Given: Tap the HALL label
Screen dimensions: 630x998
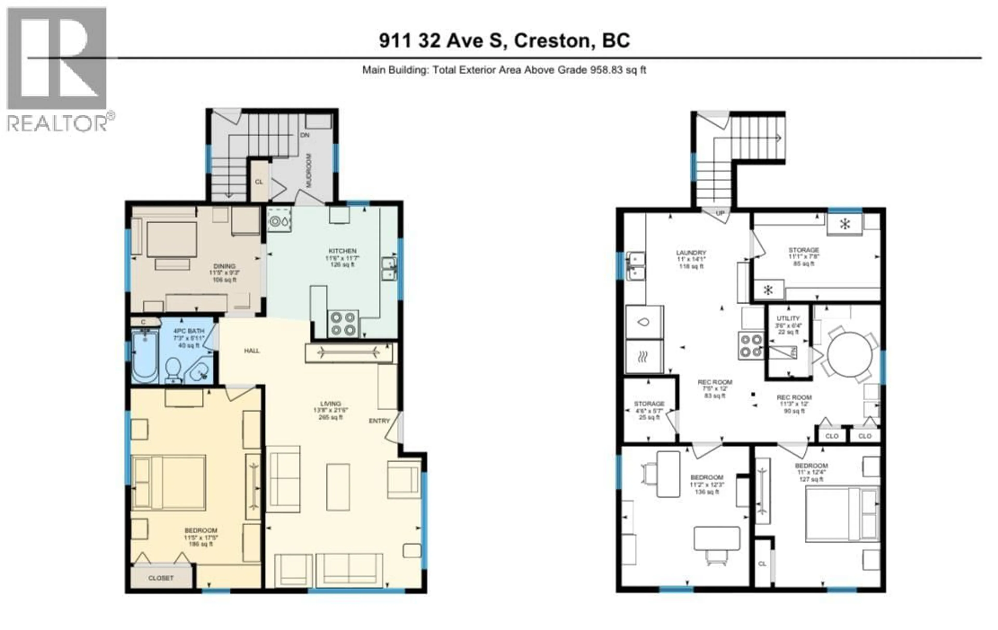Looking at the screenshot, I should click(x=252, y=351).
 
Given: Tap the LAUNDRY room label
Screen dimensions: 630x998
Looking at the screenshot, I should click(x=691, y=252).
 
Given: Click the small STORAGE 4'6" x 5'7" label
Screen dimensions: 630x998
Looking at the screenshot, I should click(x=649, y=404).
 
